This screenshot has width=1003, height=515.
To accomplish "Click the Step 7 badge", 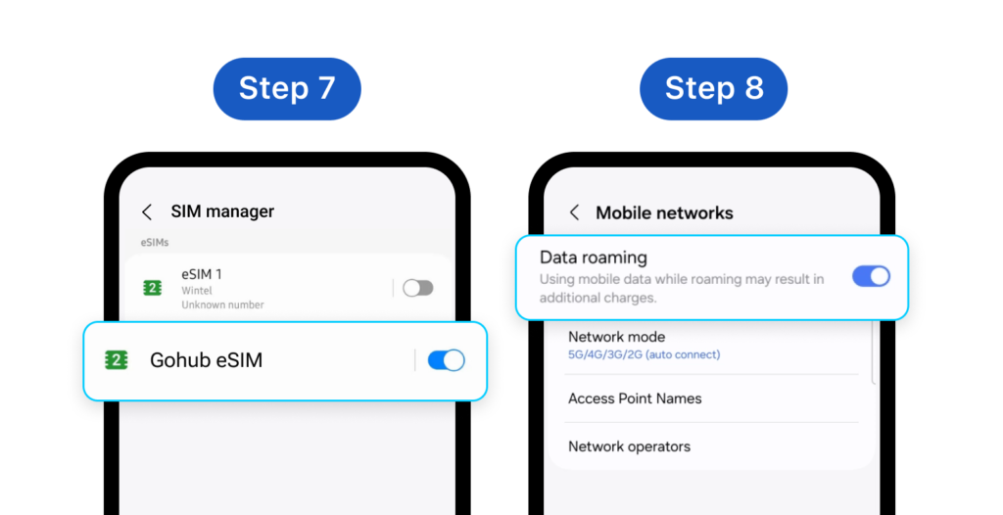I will (287, 88).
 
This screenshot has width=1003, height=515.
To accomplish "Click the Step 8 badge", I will (713, 88).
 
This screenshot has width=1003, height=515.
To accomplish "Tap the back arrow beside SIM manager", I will (147, 211).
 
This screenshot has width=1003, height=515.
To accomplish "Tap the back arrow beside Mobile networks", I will (574, 212).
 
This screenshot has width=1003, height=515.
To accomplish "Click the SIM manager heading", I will (222, 211).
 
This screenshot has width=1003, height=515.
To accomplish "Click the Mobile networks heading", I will (664, 212).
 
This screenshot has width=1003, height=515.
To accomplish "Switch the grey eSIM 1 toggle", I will (418, 288).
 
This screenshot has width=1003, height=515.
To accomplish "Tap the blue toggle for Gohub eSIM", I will (447, 360).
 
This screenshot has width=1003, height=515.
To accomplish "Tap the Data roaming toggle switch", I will (871, 276).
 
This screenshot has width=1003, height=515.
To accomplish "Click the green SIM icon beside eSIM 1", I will (152, 288).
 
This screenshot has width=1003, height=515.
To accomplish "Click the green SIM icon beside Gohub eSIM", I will (117, 360).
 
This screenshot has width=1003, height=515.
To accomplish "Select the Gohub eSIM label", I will (206, 360).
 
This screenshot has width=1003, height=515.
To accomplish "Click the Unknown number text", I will (222, 304).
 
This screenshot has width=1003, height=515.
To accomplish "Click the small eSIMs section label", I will (153, 242).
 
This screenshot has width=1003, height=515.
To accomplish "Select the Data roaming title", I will (594, 257).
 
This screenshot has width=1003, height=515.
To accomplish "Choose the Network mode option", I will (616, 337).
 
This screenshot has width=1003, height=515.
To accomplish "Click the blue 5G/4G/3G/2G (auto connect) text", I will (644, 354).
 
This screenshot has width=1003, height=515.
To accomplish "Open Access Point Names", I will (635, 398).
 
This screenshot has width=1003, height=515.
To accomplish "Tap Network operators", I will (629, 446).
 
